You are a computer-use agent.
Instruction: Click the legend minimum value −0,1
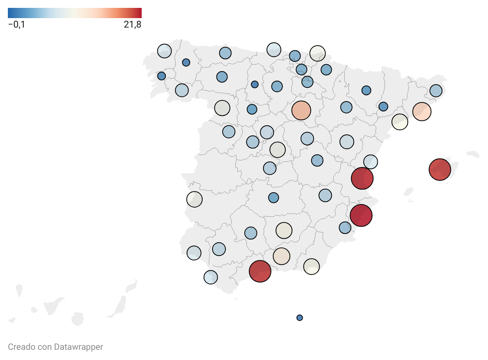pyautogui.click(x=17, y=24)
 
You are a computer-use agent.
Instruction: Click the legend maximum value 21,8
pyautogui.click(x=133, y=24)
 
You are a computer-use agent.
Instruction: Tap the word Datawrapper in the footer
pyautogui.click(x=78, y=347)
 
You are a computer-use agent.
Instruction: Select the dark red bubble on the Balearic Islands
pyautogui.click(x=440, y=170)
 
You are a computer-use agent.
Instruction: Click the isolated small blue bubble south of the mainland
pyautogui.click(x=299, y=318)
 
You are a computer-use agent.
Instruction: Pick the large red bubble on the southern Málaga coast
pyautogui.click(x=260, y=271)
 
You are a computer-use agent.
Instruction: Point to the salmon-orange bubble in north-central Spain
pyautogui.click(x=301, y=110)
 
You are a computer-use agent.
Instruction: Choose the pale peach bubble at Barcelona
pyautogui.click(x=422, y=111)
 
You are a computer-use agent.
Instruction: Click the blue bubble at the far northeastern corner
pyautogui.click(x=436, y=91)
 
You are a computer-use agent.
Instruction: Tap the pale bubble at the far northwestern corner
pyautogui.click(x=164, y=51)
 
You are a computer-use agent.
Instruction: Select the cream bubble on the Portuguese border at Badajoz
pyautogui.click(x=194, y=199)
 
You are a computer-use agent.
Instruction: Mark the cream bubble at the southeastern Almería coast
pyautogui.click(x=311, y=267)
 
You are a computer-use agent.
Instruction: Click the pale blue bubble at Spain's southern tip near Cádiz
pyautogui.click(x=211, y=277)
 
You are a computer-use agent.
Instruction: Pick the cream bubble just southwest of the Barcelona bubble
pyautogui.click(x=399, y=122)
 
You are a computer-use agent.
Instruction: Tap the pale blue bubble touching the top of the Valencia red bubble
pyautogui.click(x=370, y=162)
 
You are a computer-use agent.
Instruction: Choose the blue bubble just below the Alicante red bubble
pyautogui.click(x=345, y=228)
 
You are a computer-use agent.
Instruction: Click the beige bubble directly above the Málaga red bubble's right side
pyautogui.click(x=281, y=256)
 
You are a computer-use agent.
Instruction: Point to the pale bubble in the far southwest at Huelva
pyautogui.click(x=194, y=253)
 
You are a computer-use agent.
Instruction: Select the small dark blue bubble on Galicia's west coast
pyautogui.click(x=161, y=76)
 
